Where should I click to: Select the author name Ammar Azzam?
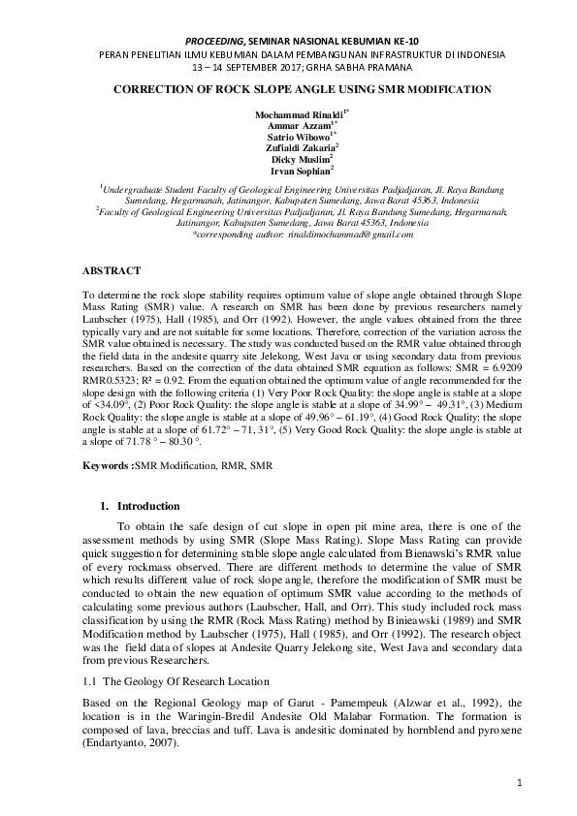[288, 125]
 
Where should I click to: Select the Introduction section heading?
[147, 506]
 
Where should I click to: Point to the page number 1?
[520, 781]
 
